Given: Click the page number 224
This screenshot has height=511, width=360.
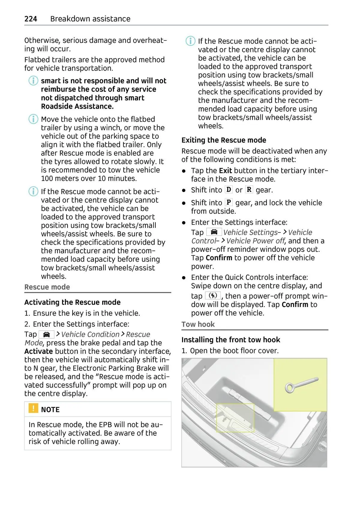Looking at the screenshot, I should click(x=31, y=19).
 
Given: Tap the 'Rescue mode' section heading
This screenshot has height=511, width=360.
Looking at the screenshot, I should click(x=47, y=287).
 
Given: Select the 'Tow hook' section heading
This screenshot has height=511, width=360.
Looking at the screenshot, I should click(x=198, y=324).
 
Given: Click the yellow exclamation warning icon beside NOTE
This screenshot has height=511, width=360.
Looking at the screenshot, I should click(x=33, y=408).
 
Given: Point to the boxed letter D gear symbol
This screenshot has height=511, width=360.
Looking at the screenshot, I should click(x=229, y=190).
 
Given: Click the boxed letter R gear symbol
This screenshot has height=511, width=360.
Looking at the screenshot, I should click(x=249, y=190).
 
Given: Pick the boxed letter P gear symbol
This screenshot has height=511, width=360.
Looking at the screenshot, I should click(x=229, y=202).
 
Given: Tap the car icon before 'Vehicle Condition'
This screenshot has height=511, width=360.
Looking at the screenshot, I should click(x=46, y=335).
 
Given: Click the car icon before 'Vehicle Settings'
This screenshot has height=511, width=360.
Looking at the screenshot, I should click(x=214, y=232).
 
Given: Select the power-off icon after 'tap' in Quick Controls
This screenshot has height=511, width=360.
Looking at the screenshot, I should click(x=213, y=296).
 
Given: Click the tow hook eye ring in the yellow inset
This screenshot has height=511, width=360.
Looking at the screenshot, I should click(x=290, y=388).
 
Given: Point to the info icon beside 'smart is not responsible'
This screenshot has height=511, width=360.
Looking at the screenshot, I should click(x=33, y=81).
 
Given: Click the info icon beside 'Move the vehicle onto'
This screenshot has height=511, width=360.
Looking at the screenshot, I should click(x=33, y=119).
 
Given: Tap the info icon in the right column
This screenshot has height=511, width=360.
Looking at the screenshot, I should click(x=190, y=41).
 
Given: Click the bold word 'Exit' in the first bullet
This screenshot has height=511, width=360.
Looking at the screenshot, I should click(x=225, y=171).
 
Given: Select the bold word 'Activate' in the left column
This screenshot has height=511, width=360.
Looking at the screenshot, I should click(x=39, y=351).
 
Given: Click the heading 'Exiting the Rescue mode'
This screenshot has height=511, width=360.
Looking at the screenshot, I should click(x=224, y=140).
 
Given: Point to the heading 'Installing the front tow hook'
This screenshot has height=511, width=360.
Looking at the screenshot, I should click(x=231, y=340).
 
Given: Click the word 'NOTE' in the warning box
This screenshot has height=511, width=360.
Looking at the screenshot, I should click(x=50, y=410).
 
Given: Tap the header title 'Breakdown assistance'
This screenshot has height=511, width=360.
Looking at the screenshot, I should click(x=90, y=19).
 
